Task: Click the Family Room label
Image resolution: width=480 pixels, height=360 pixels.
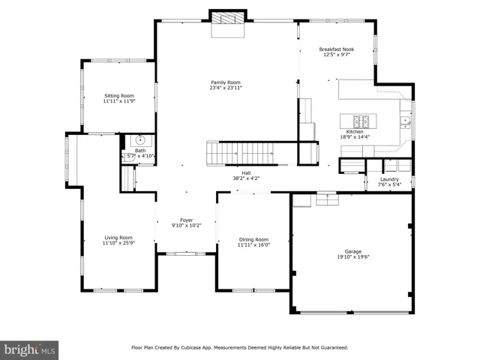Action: coord(226,82)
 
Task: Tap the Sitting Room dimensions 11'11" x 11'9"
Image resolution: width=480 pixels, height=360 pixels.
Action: coord(119,101)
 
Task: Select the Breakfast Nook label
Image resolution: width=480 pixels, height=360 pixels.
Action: coord(337,49)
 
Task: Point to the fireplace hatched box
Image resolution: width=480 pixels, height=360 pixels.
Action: coord(228,18)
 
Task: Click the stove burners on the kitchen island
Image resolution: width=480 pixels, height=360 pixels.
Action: coord(361,121)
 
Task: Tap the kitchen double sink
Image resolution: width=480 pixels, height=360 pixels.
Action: coord(406,122)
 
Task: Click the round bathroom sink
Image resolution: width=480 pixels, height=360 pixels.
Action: coord(140,140)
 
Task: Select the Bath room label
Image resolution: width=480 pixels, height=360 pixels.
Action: coord(140,151)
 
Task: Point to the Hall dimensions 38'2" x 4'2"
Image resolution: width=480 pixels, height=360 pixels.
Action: coord(246,178)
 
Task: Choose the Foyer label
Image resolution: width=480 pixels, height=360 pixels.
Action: coord(187,220)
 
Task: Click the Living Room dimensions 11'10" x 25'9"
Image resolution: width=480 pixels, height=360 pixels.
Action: coord(118,243)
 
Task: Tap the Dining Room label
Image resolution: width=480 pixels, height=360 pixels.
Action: coord(253,239)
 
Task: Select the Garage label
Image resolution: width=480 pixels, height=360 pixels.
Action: coord(353,252)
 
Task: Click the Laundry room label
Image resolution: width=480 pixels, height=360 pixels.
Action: coord(389,179)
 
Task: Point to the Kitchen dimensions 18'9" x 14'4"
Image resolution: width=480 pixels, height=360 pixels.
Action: coord(355,136)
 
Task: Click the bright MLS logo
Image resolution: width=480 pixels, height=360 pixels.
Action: coord(29,350)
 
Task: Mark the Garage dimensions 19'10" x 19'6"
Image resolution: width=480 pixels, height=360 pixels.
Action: coord(353,257)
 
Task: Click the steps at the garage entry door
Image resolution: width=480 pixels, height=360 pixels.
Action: coord(327,199)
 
